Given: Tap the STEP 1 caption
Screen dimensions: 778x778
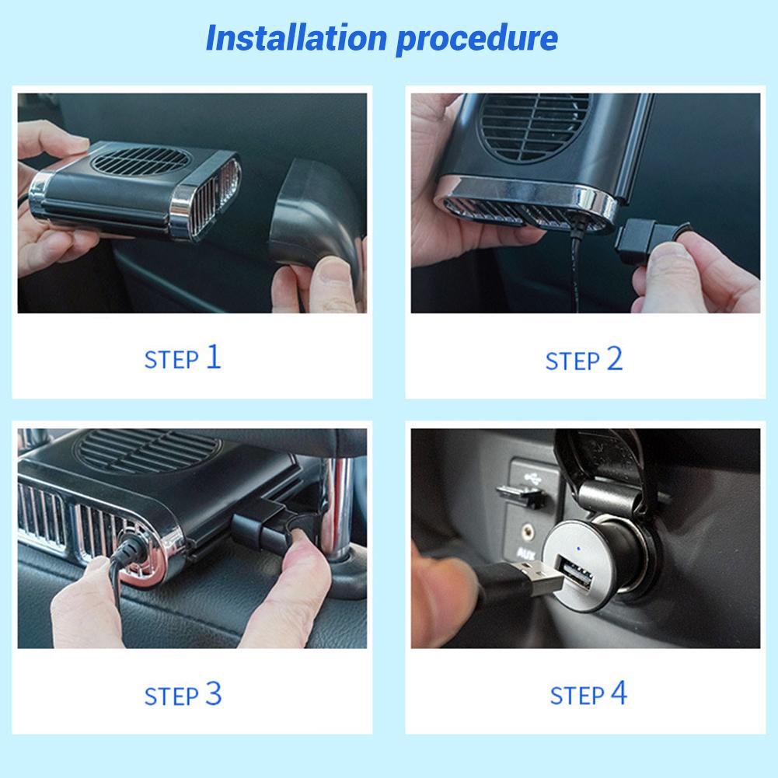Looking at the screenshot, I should [183, 358].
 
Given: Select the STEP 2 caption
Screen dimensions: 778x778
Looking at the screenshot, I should [584, 360].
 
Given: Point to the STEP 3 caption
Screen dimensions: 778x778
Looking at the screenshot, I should [183, 694].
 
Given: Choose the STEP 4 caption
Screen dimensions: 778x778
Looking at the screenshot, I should [588, 694].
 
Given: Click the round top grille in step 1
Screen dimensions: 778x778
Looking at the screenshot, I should [141, 159].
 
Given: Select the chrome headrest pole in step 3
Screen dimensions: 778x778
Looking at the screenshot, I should [340, 505].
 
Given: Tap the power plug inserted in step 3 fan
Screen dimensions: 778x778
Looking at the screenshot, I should [124, 553].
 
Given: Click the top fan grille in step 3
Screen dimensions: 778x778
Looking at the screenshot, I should [148, 450].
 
